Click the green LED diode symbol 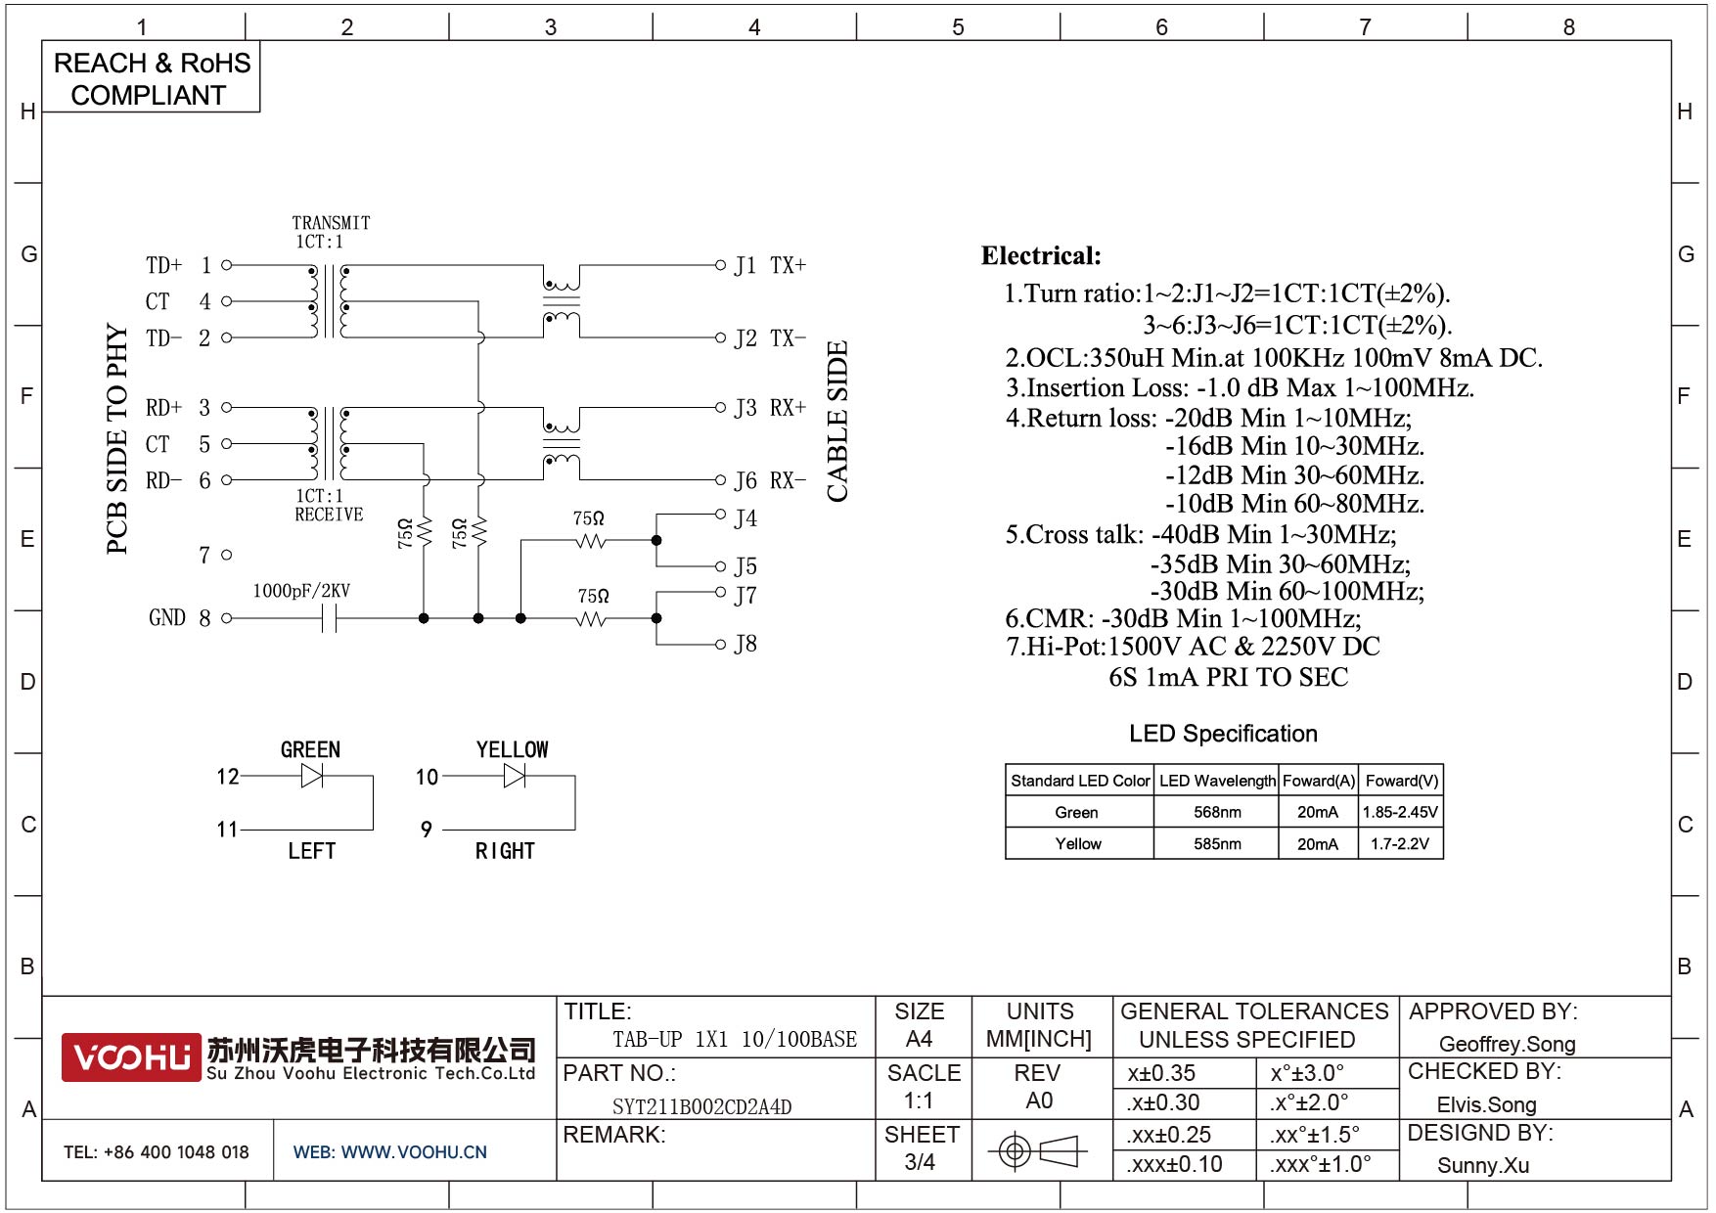312,776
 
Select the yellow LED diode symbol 515,776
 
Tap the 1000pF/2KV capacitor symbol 329,618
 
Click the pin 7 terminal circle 227,555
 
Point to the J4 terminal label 745,518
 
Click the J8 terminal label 745,644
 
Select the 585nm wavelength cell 1217,843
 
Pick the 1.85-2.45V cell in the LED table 1400,812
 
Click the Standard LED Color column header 1080,781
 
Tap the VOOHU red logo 131,1057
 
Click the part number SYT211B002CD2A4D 701,1106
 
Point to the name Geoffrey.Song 1507,1044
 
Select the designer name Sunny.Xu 1483,1165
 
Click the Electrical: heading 1041,256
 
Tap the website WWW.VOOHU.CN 413,1152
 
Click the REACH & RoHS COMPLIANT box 152,78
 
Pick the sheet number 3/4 920,1162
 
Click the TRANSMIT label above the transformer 331,223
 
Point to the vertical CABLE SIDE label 837,421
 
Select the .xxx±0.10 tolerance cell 1174,1164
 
